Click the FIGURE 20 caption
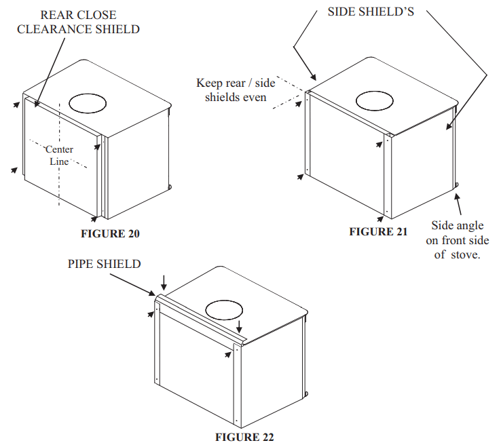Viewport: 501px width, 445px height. tap(110, 234)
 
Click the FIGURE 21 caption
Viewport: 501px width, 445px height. tap(378, 231)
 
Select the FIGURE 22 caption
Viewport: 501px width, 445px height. tap(244, 437)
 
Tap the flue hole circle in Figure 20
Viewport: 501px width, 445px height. tap(87, 102)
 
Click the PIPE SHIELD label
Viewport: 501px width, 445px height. tap(104, 263)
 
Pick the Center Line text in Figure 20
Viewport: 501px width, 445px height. tap(59, 155)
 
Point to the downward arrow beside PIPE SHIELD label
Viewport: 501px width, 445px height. tap(163, 280)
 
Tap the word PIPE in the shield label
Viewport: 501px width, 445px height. tap(82, 263)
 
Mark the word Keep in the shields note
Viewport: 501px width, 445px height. tap(209, 83)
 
